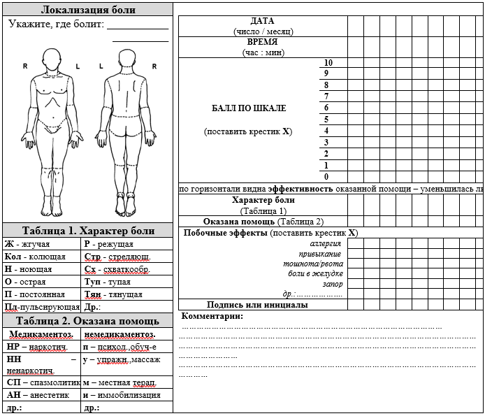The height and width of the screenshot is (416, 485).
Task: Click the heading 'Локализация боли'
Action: pyautogui.click(x=88, y=10)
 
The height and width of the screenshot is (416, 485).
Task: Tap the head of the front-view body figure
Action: pyautogui.click(x=52, y=59)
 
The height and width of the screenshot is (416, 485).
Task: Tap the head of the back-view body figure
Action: pyautogui.click(x=128, y=59)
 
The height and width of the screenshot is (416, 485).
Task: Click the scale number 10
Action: pyautogui.click(x=328, y=62)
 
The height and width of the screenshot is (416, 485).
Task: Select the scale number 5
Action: pyautogui.click(x=326, y=120)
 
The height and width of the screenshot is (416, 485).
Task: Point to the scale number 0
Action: pyautogui.click(x=326, y=177)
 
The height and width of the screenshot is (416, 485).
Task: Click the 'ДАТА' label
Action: pyautogui.click(x=262, y=21)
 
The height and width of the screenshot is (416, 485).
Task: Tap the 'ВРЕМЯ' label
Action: pyautogui.click(x=262, y=42)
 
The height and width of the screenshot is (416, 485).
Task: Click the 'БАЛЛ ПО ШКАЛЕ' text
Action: pyautogui.click(x=249, y=108)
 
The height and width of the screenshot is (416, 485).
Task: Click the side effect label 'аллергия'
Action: pyautogui.click(x=326, y=243)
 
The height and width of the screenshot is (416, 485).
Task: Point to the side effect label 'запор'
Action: pyautogui.click(x=333, y=284)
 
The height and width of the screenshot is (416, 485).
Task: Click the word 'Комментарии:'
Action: pyautogui.click(x=212, y=316)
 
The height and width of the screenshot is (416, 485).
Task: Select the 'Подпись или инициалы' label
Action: pyautogui.click(x=257, y=305)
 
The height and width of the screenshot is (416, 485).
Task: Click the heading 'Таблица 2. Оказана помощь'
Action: pyautogui.click(x=87, y=321)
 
